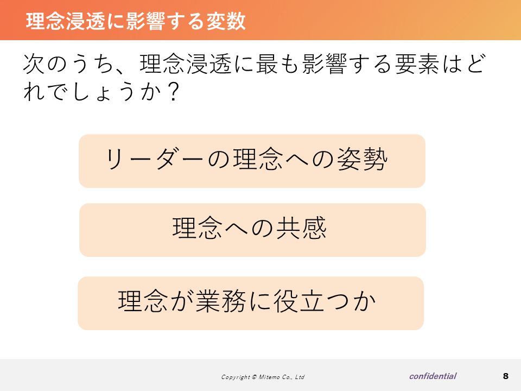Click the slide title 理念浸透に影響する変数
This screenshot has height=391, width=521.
pos(136,21)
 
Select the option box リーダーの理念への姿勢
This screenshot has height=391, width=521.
pos(252,161)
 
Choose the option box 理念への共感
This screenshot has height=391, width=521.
pos(252,230)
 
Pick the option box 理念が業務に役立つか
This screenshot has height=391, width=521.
pos(251,303)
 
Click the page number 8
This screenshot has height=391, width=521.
pos(506,376)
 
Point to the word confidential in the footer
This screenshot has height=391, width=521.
pos(433,376)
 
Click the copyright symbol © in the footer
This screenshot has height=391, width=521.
pos(254,377)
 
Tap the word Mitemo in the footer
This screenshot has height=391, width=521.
pos(269,377)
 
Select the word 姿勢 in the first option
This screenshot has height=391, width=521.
pos(362,159)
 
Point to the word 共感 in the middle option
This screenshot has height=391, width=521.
pos(301,228)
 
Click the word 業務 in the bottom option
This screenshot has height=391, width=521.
pos(221,301)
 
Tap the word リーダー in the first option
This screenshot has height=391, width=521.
pos(154,159)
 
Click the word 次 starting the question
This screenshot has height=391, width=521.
pos(34,64)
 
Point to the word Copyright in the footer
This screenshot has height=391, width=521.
pos(236,377)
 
